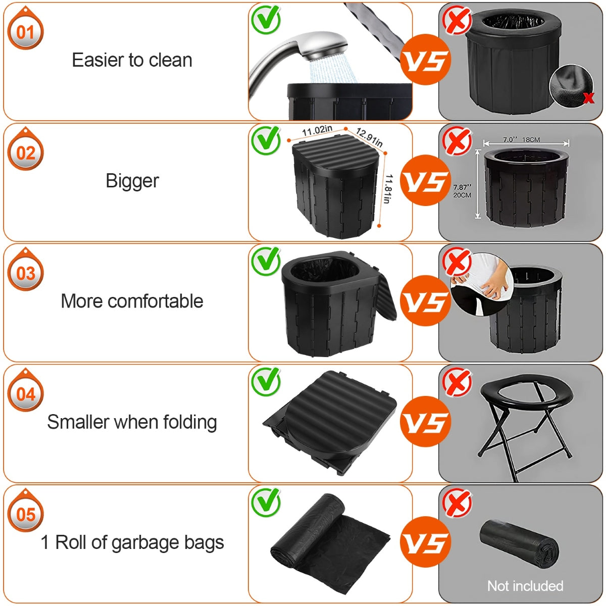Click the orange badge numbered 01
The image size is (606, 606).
[x=25, y=32]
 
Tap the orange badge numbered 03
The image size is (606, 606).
[x=25, y=273]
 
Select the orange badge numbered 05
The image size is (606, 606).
[x=25, y=515]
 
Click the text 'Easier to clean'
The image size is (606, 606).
[x=132, y=60]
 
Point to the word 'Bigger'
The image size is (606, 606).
[x=132, y=181]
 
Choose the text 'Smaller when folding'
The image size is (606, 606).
[x=132, y=422]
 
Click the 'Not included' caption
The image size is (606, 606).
[x=525, y=586]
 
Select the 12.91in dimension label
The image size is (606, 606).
[x=369, y=137]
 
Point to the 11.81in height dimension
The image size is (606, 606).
[x=388, y=189]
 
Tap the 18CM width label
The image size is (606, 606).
[x=531, y=139]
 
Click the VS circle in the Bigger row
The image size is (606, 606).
[x=425, y=180]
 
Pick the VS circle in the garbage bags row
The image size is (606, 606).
[x=425, y=542]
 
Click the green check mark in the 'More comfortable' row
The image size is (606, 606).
[x=266, y=260]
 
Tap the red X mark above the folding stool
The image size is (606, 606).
[x=457, y=382]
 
